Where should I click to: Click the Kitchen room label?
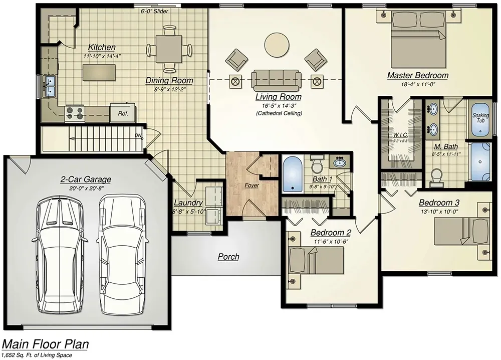(102, 47)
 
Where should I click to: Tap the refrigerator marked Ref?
(123, 113)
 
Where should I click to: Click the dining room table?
(169, 49)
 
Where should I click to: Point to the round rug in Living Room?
(277, 45)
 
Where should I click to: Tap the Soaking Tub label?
(480, 118)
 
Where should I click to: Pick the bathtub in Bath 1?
(292, 174)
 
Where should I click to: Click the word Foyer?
(252, 186)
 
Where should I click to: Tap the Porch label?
(228, 257)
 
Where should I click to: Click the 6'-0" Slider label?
(154, 11)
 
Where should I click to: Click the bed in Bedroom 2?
(316, 261)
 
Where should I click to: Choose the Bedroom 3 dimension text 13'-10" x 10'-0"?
(439, 212)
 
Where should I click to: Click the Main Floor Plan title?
(46, 344)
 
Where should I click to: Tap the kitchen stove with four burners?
(75, 113)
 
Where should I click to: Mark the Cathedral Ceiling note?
(279, 114)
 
